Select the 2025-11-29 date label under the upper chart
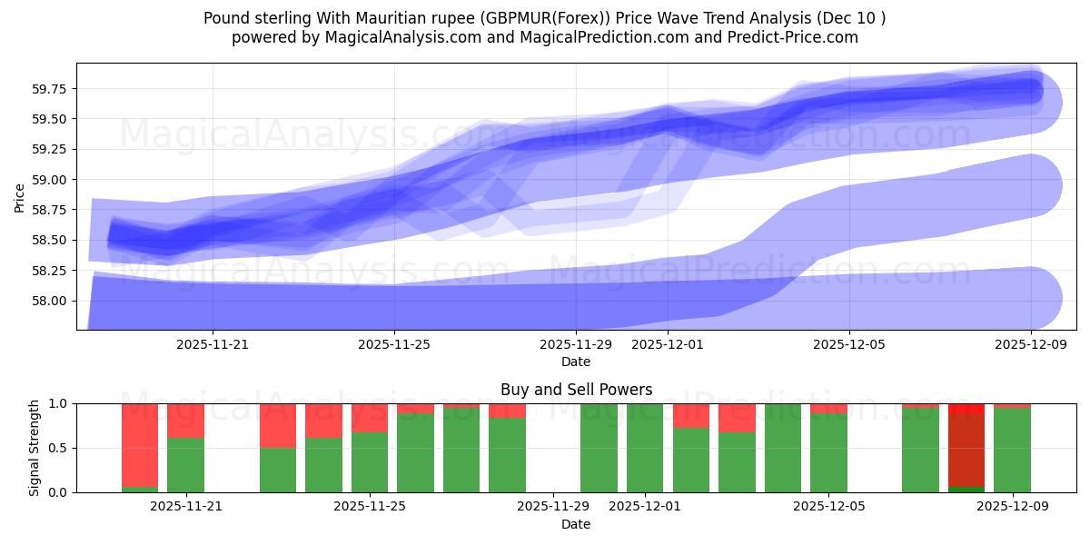click(x=576, y=344)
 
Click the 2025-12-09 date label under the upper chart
click(x=1031, y=344)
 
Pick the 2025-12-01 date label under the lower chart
click(x=644, y=507)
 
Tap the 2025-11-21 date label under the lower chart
click(x=186, y=507)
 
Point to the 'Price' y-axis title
click(x=20, y=197)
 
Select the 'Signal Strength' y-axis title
click(x=34, y=448)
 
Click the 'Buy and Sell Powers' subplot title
click(x=576, y=390)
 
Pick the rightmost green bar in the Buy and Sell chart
click(x=1012, y=450)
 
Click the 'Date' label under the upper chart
click(x=576, y=362)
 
